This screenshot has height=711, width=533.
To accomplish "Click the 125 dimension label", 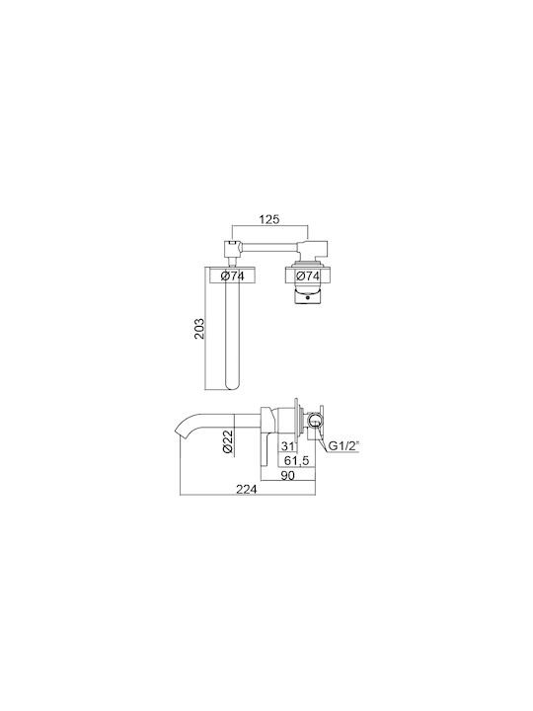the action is pos(269,219).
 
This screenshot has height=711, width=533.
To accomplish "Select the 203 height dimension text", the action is pos(199,328).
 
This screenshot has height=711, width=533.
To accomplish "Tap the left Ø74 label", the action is pos(233,276).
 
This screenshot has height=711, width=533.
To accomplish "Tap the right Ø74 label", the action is pos(308,276).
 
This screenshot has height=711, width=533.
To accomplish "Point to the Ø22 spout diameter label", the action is pos(228,440).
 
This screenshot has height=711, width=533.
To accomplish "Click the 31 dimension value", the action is pos(287,446).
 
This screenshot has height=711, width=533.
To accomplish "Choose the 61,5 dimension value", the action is pos(296,461).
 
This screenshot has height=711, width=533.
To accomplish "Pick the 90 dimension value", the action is pos(288,475).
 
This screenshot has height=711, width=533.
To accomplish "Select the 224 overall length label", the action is pos(247,489).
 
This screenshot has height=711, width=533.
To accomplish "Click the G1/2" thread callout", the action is pos(343,446).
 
